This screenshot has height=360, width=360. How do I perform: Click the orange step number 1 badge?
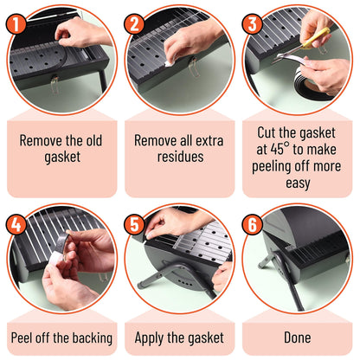point(16,23)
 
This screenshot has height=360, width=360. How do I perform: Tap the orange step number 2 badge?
point(134,23)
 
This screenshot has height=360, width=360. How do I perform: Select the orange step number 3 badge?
point(253,23)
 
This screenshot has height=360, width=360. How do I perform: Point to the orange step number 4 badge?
point(16,224)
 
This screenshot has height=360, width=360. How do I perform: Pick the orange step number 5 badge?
point(134,224)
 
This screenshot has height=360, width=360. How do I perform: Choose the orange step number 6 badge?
point(253,224)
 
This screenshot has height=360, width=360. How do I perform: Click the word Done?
point(298,337)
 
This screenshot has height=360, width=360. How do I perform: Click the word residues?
point(180,157)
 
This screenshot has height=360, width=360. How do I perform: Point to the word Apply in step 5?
point(150,338)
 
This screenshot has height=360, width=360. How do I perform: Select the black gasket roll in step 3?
point(310,85)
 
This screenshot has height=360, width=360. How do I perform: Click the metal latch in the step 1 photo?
point(55,84)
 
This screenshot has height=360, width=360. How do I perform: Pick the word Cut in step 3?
point(267,132)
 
